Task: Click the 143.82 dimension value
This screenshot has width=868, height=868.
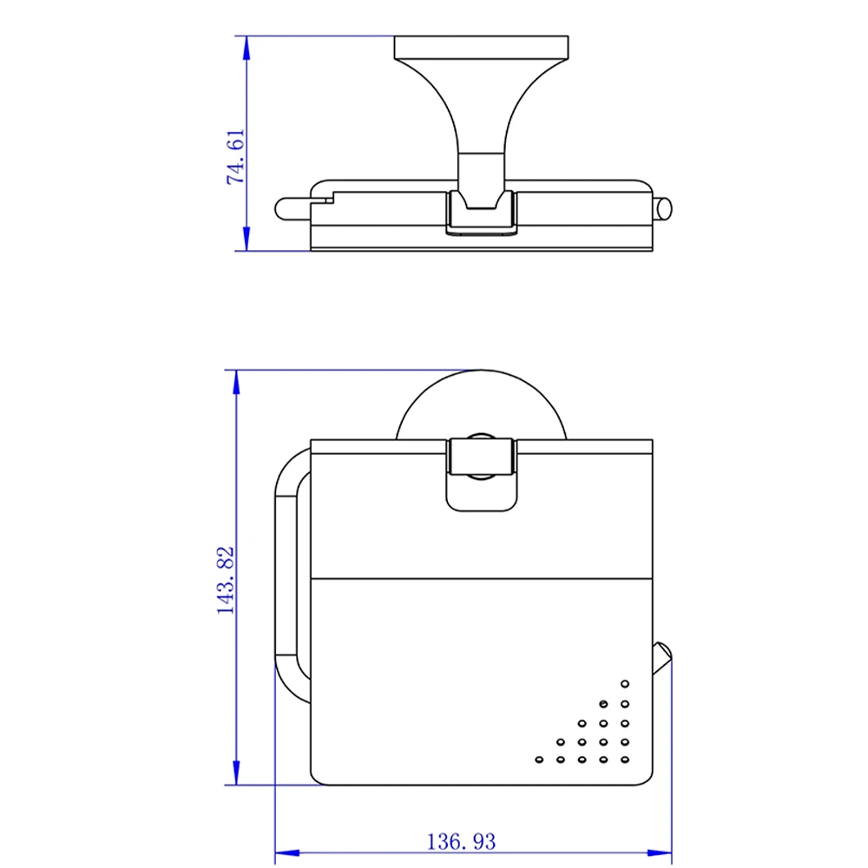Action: [226, 580]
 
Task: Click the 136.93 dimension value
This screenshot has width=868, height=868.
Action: [461, 841]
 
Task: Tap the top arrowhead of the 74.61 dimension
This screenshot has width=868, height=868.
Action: [247, 48]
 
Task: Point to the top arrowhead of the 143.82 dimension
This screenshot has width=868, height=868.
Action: [236, 382]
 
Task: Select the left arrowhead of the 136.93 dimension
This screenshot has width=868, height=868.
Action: [287, 853]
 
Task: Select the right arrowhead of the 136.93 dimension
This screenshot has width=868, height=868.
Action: [660, 853]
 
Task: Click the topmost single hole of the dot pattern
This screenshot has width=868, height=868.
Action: [625, 684]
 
